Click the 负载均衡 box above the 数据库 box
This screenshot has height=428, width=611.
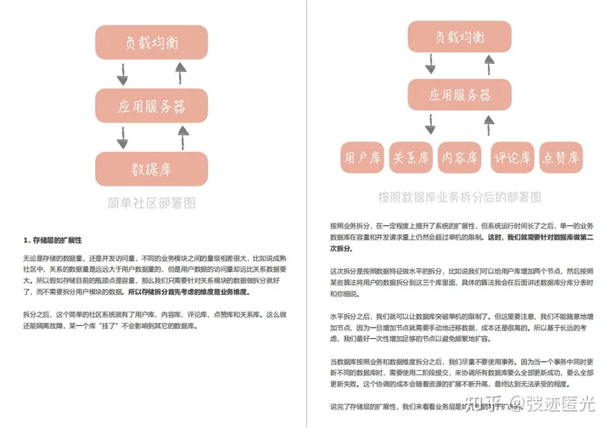[151, 42]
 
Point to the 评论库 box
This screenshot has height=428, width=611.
[513, 157]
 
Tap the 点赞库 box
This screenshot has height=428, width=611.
[560, 157]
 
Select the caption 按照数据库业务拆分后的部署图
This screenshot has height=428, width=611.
[459, 197]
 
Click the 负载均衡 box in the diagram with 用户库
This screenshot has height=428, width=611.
[459, 38]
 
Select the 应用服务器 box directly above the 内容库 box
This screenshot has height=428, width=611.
[459, 95]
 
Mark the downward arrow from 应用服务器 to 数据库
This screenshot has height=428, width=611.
[123, 138]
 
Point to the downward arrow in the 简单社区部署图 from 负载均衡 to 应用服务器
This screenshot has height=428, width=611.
[123, 74]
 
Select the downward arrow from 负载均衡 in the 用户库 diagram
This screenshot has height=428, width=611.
[430, 66]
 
